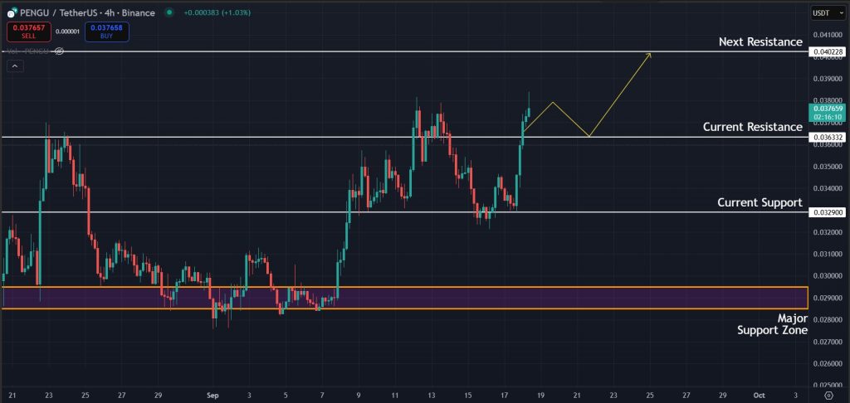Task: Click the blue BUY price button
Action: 105,32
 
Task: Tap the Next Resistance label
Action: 760,41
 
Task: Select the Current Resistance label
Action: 752,127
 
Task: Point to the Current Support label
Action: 760,202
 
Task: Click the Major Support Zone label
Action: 772,324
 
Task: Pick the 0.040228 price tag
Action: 828,51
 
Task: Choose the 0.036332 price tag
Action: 828,137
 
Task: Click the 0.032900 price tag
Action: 828,212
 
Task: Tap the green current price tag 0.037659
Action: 828,113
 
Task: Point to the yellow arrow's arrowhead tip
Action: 651,53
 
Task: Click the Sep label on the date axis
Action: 211,396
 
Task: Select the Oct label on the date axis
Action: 760,396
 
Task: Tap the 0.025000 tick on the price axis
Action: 828,385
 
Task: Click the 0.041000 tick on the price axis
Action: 828,35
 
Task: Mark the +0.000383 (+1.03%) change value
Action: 217,12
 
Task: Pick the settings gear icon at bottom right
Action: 828,396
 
